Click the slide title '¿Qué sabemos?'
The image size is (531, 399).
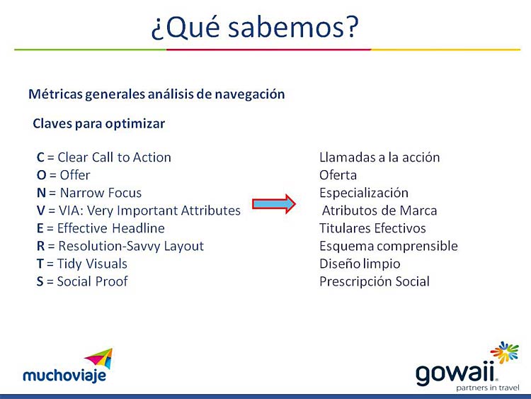pyautogui.click(x=254, y=28)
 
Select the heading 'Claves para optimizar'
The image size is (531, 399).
pyautogui.click(x=99, y=124)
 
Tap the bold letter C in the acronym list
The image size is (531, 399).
pyautogui.click(x=40, y=157)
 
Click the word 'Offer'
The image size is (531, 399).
pyautogui.click(x=75, y=175)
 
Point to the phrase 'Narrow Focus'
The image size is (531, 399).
pyautogui.click(x=101, y=193)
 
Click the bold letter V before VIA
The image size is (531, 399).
pyautogui.click(x=40, y=210)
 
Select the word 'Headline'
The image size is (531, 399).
pyautogui.click(x=138, y=228)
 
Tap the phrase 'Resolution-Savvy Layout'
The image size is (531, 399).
pyautogui.click(x=131, y=247)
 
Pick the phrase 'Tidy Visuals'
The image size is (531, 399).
pyautogui.click(x=92, y=264)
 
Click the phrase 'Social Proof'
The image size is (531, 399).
pyautogui.click(x=92, y=281)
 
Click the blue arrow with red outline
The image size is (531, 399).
pyautogui.click(x=274, y=203)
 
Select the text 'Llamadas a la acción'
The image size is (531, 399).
pyautogui.click(x=379, y=157)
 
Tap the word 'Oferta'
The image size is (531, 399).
pyautogui.click(x=338, y=175)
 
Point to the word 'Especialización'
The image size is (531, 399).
pyautogui.click(x=364, y=193)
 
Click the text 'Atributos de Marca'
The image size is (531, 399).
pyautogui.click(x=379, y=210)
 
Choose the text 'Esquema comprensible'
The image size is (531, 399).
pyautogui.click(x=389, y=247)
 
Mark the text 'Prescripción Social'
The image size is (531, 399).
pyautogui.click(x=375, y=281)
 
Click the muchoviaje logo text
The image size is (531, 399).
pyautogui.click(x=64, y=376)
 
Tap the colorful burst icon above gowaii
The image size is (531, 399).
pyautogui.click(x=504, y=352)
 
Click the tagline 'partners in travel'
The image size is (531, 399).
pyautogui.click(x=488, y=388)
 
